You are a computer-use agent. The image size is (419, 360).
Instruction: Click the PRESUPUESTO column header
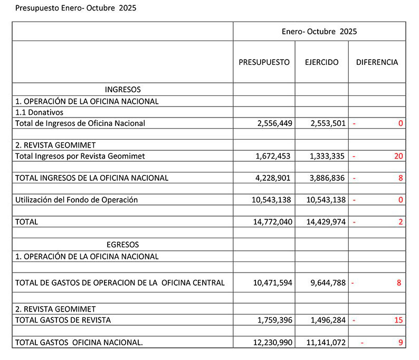coord(264,62)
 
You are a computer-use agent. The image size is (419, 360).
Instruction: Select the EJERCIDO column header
coord(321,62)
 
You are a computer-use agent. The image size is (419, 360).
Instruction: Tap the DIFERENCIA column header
coord(377,62)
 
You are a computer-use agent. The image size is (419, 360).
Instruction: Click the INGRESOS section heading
coord(122,90)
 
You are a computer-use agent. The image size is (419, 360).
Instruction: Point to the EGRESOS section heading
coord(122,245)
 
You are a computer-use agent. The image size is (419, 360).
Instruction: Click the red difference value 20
coord(398,156)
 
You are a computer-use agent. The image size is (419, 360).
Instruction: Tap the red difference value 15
coord(398,319)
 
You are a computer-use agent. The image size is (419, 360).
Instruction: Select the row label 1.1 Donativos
coord(39,112)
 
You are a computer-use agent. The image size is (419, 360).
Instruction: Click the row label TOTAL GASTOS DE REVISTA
coord(63,319)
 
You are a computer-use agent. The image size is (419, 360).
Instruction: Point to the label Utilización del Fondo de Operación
coord(77,200)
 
